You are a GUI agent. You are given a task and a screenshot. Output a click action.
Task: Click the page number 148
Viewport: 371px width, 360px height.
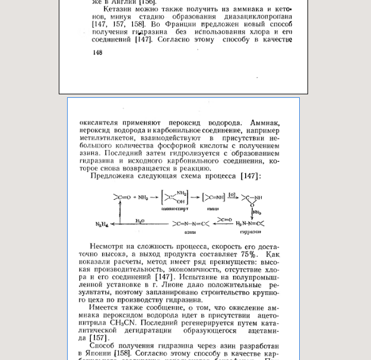click(x=98, y=52)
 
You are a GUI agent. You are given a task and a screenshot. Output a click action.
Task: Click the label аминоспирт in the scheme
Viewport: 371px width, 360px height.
click(x=175, y=209)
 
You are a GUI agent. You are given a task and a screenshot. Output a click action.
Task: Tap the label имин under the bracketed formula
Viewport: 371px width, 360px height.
click(x=213, y=209)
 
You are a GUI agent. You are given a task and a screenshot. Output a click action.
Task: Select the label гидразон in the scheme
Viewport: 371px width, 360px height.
click(x=250, y=232)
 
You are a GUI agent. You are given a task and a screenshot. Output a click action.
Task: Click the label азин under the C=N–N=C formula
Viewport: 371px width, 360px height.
click(x=190, y=232)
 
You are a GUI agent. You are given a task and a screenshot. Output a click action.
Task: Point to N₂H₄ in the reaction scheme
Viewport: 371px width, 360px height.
click(x=102, y=224)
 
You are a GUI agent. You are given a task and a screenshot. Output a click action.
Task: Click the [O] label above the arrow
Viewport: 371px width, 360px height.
click(x=233, y=193)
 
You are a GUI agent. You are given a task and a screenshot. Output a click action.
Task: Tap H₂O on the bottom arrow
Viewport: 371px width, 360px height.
click(x=140, y=221)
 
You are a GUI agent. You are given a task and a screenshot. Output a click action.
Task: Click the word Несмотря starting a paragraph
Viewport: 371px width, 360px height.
click(x=107, y=247)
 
